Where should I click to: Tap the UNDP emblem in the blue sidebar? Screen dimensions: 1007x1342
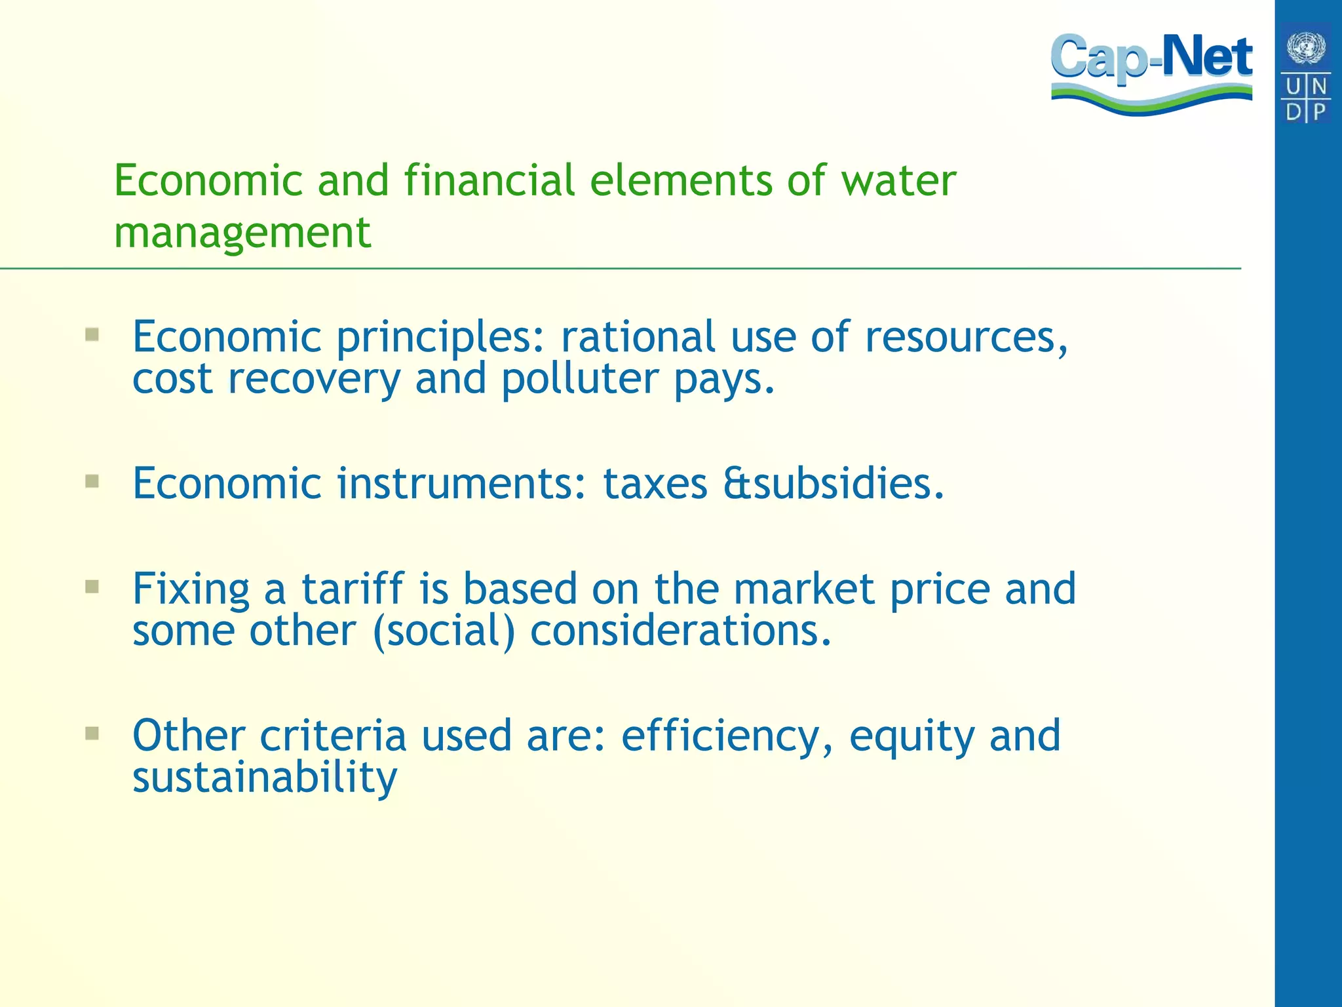pyautogui.click(x=1306, y=72)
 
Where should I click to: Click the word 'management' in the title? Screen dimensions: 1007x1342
pyautogui.click(x=242, y=233)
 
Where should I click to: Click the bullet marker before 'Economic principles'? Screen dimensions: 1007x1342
pyautogui.click(x=92, y=336)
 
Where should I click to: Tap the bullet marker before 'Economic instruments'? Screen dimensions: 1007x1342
pyautogui.click(x=92, y=483)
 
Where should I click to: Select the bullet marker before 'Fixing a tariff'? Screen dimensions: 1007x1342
pyautogui.click(x=92, y=586)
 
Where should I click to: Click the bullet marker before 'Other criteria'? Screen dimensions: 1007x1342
pyautogui.click(x=92, y=733)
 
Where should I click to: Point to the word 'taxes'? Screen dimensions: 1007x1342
pyautogui.click(x=655, y=484)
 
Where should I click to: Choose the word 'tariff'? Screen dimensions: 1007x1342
pyautogui.click(x=353, y=588)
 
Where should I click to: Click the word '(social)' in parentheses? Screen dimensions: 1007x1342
pyautogui.click(x=444, y=631)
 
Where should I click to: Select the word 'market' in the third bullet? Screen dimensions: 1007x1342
pyautogui.click(x=803, y=588)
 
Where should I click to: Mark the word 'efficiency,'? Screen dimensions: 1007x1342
pyautogui.click(x=727, y=736)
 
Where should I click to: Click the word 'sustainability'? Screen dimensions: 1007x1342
pyautogui.click(x=265, y=778)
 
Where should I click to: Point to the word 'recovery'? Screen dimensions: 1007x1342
pyautogui.click(x=314, y=380)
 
